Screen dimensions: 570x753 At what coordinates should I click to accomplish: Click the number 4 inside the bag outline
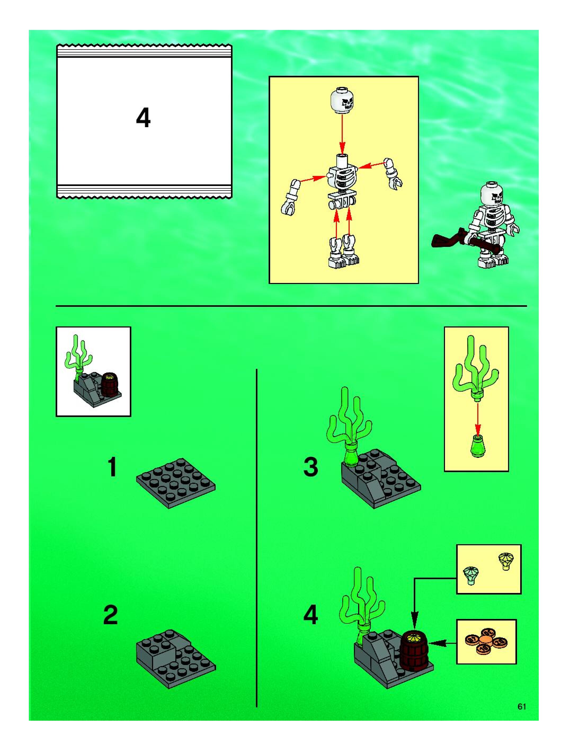pos(143,118)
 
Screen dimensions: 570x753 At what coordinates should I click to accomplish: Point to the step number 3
pos(310,467)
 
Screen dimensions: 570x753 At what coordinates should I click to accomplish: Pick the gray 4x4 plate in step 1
pos(176,483)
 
